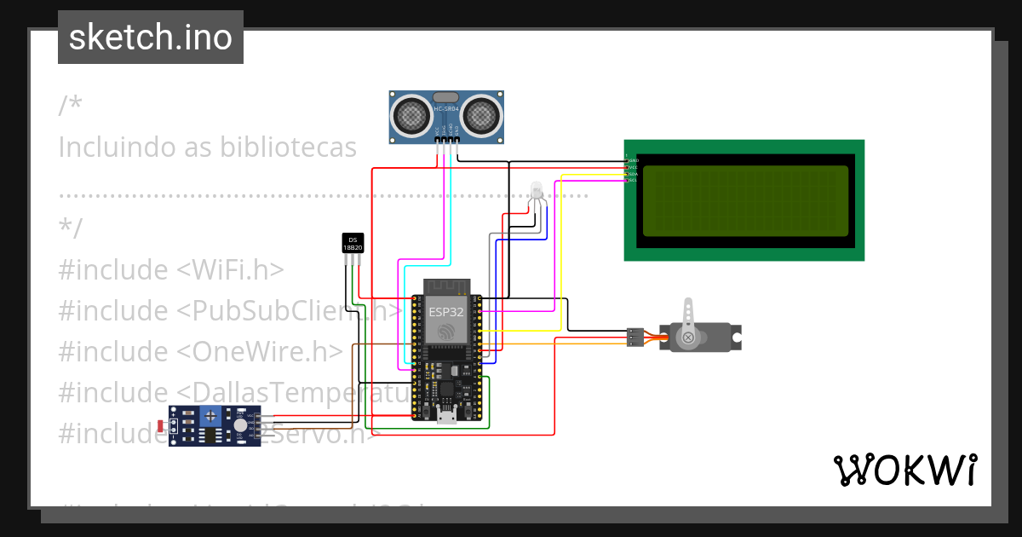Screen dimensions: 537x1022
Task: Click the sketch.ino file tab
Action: pos(150,38)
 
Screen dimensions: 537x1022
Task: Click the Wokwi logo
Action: pos(904,470)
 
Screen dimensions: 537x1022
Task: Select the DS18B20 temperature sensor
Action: pos(353,243)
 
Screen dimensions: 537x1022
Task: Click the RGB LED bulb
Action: pos(536,190)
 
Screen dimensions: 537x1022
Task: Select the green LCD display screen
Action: pos(744,200)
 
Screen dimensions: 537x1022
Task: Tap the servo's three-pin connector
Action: pos(634,337)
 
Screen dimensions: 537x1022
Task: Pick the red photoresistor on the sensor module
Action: pos(162,425)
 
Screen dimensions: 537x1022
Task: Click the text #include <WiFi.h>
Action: pos(170,270)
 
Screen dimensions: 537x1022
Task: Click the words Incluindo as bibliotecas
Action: pos(207,147)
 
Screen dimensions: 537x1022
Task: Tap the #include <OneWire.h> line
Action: pos(200,351)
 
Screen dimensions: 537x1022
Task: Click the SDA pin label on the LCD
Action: pos(632,174)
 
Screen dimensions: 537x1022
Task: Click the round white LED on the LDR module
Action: pos(242,424)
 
